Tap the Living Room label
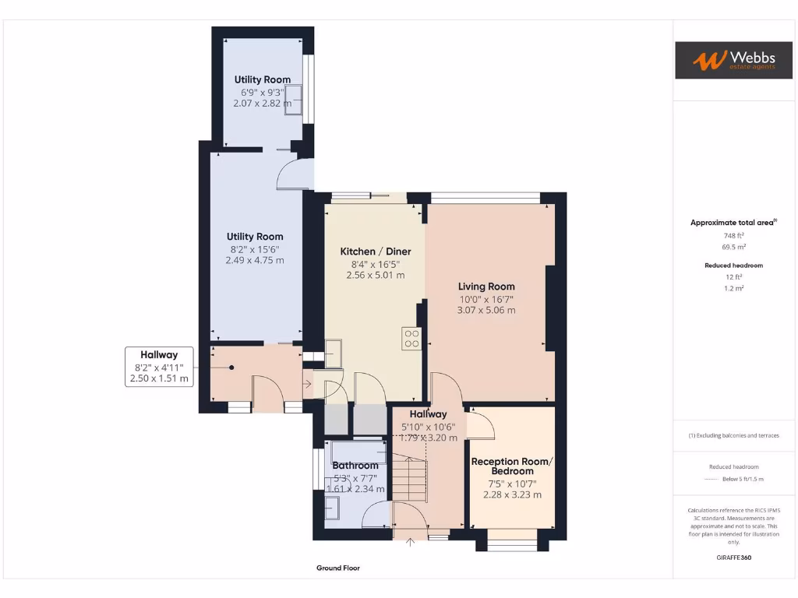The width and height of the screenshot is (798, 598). coord(486,287)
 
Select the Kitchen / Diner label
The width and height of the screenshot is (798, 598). coord(376,252)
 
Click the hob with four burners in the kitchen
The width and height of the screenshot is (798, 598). coord(411,339)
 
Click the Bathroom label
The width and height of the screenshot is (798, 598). coord(355,466)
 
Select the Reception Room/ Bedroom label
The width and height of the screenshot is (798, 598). coord(512,466)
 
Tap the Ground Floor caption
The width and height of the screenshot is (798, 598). coord(338,568)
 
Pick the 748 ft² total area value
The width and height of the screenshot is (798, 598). coord(733,235)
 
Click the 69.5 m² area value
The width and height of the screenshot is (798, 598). coord(733,246)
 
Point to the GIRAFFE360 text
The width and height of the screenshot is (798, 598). coord(733,558)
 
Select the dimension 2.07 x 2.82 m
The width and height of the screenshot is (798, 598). coord(263,103)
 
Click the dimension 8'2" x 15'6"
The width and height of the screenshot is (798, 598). coord(255,249)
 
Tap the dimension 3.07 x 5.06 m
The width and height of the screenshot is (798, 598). coord(486,310)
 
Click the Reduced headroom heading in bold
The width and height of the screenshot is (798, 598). coord(733,266)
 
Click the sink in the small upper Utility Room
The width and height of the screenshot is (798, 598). coord(293,100)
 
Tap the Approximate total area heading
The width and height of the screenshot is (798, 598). coord(733,223)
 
